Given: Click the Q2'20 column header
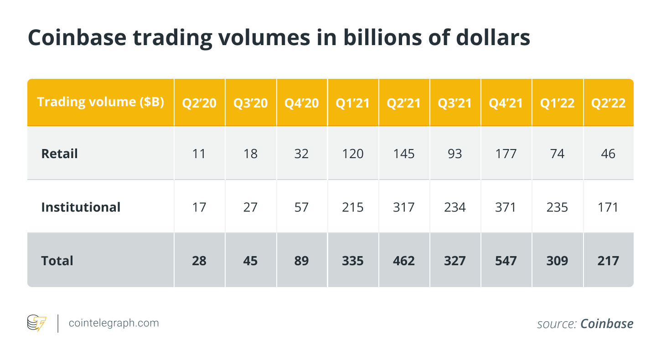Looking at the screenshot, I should [200, 103].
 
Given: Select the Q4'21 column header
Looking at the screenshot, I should [506, 103].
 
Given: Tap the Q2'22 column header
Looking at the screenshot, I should [608, 103].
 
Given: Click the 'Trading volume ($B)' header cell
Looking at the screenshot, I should [100, 102].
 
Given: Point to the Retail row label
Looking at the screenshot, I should [59, 154].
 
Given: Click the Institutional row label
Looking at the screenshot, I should [81, 207].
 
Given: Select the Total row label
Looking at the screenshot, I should [57, 261].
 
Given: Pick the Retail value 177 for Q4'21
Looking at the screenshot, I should [506, 154].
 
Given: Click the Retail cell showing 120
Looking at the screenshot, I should [353, 154].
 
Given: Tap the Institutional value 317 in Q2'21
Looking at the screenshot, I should [404, 207].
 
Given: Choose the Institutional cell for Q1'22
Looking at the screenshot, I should [557, 207].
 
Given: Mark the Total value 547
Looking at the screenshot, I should [506, 261].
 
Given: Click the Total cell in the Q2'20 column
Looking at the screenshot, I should [200, 261].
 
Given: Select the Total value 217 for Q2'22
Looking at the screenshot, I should [608, 261].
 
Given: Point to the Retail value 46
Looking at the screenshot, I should [608, 154].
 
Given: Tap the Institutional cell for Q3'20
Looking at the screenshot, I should [251, 207].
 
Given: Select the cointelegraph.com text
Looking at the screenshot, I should [114, 323].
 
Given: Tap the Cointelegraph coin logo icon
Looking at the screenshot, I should [37, 323].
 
